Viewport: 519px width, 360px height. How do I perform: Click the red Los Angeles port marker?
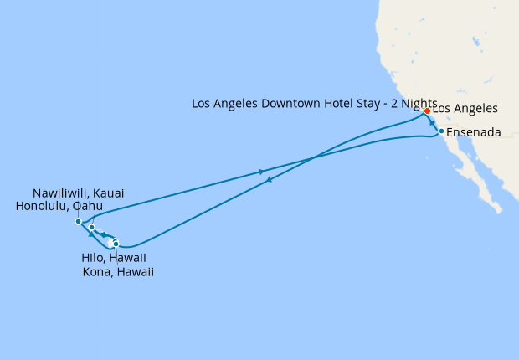[427, 111]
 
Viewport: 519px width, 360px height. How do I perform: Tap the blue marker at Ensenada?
[441, 131]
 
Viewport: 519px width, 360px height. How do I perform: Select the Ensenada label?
[474, 132]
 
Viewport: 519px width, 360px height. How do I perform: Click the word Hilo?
[86, 259]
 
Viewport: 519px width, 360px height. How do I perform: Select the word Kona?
[98, 272]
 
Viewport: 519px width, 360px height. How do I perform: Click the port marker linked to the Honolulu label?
[91, 227]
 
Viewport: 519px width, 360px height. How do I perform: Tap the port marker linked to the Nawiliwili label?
[78, 222]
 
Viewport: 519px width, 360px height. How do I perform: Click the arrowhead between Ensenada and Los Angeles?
[433, 122]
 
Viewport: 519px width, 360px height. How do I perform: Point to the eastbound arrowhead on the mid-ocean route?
[262, 172]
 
